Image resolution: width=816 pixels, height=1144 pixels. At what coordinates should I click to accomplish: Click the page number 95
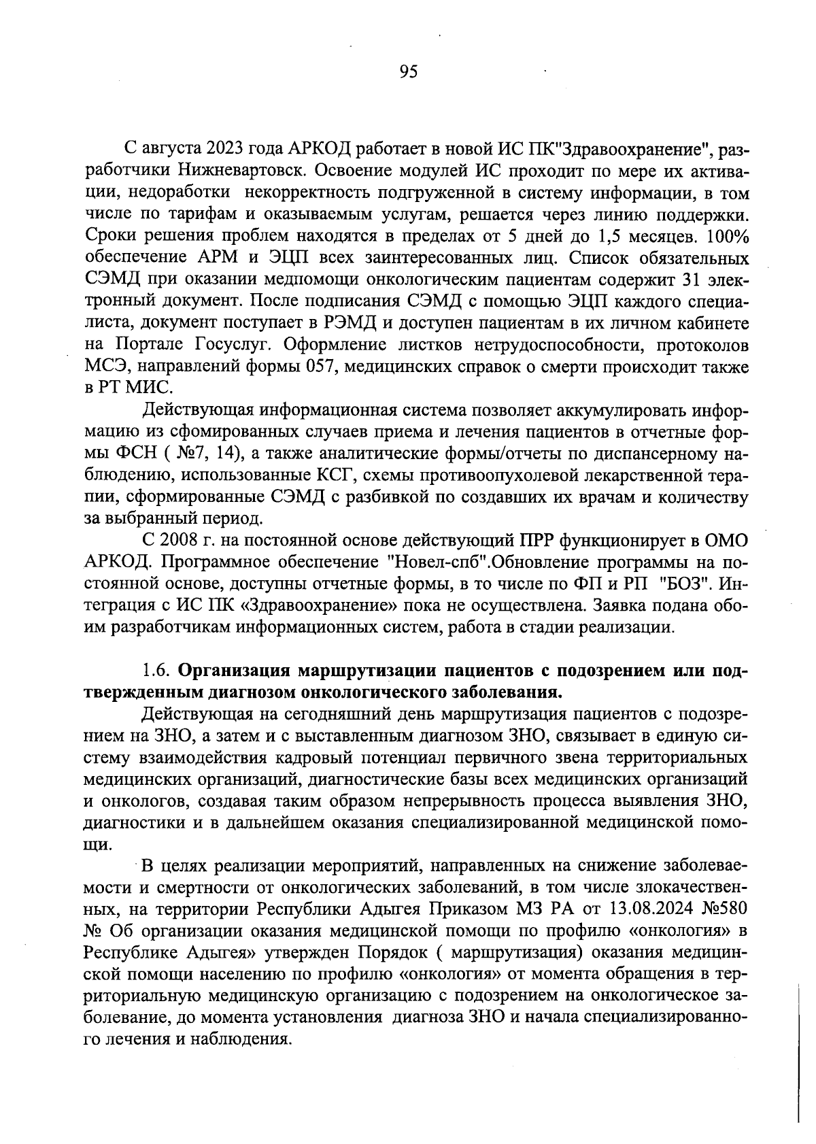click(x=408, y=72)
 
